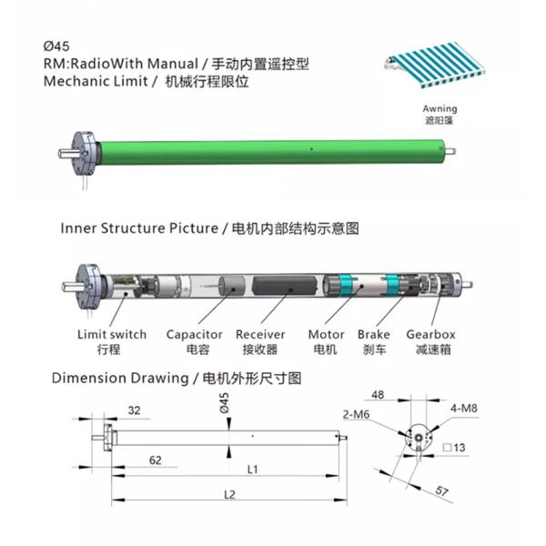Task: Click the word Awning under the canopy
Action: coord(427,109)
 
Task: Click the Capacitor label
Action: coord(194,335)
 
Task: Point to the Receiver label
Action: coord(261,335)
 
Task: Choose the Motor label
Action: coord(325,335)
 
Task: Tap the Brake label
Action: coord(374,335)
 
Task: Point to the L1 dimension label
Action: coord(253,470)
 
